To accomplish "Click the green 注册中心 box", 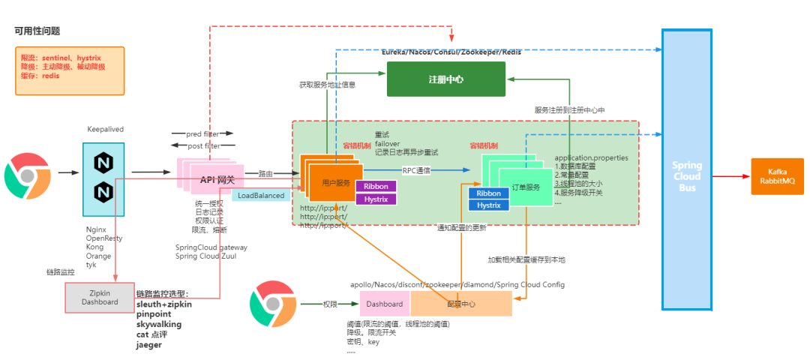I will tap(445, 79).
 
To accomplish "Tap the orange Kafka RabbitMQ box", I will tap(776, 176).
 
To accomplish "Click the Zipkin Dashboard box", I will tap(100, 298).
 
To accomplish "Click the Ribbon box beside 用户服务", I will tap(376, 186).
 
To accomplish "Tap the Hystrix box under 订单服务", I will tap(488, 205).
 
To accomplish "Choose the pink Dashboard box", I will tap(385, 304).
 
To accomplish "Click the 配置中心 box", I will tap(460, 304).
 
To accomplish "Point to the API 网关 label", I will tap(217, 179).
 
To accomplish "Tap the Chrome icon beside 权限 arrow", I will tap(272, 304).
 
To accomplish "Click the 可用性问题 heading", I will tap(37, 31).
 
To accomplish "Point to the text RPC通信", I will tap(416, 170).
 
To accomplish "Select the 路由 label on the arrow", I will tap(265, 173).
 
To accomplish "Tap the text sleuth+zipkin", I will tap(164, 304).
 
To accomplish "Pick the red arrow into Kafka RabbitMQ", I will tap(732, 176).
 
